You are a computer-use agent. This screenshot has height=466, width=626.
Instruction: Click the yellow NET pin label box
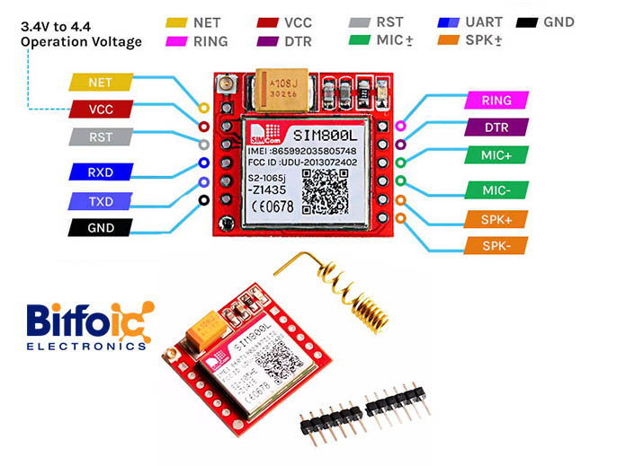(101, 82)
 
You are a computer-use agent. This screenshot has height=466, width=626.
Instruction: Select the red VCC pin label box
(101, 110)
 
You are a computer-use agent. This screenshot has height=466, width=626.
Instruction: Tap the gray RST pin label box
(101, 137)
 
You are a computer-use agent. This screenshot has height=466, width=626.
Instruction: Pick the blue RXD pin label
(101, 171)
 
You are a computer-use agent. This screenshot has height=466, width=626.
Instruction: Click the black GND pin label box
(101, 227)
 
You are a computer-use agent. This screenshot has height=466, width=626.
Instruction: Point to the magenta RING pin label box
(496, 101)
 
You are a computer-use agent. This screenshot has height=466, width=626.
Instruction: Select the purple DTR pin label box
(496, 127)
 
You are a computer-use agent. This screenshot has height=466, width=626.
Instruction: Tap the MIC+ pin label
(496, 155)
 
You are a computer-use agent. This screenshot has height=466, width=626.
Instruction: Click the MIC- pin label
(496, 189)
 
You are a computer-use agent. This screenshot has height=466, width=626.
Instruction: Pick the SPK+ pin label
(496, 218)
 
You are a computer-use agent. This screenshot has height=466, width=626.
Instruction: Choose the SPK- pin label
(496, 245)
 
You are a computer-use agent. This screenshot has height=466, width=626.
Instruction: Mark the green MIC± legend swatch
(360, 40)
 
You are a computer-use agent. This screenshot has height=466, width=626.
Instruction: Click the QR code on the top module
(325, 191)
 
